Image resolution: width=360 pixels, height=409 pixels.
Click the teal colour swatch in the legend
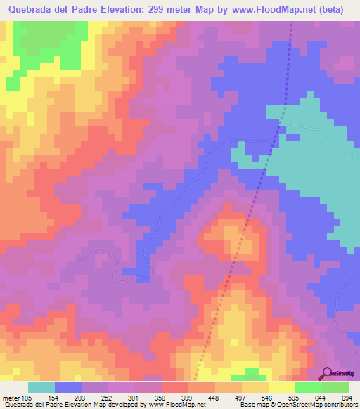click(41, 387)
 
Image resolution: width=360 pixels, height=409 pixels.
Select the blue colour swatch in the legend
click(68, 387)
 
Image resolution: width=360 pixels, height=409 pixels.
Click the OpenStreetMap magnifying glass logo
click(326, 374)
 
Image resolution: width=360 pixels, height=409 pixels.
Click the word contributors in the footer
click(336, 405)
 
